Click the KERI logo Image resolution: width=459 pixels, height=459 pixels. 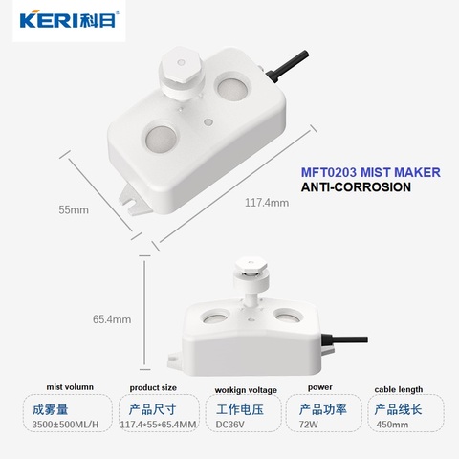[69, 20]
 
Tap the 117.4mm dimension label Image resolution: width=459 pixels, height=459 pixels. [267, 203]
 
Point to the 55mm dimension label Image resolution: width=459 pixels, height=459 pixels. [74, 210]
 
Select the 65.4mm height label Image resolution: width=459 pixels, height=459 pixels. [112, 319]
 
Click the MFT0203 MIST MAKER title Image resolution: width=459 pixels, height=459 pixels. [371, 172]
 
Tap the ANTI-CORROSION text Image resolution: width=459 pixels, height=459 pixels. [356, 187]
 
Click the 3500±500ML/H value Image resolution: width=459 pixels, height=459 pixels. [65, 425]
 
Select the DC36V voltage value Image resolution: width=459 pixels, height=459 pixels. [230, 425]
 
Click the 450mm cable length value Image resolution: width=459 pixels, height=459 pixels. [392, 425]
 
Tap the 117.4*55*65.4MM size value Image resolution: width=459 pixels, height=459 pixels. [159, 425]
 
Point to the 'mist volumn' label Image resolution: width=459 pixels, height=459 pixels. [70, 387]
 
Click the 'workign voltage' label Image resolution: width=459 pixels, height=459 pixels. [246, 390]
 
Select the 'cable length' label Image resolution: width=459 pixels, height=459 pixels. [399, 389]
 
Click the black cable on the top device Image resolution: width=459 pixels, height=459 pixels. [288, 65]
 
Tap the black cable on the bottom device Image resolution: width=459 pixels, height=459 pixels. [344, 339]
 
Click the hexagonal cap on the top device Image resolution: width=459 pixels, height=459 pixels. [182, 66]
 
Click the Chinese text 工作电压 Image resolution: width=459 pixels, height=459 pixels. [240, 409]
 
